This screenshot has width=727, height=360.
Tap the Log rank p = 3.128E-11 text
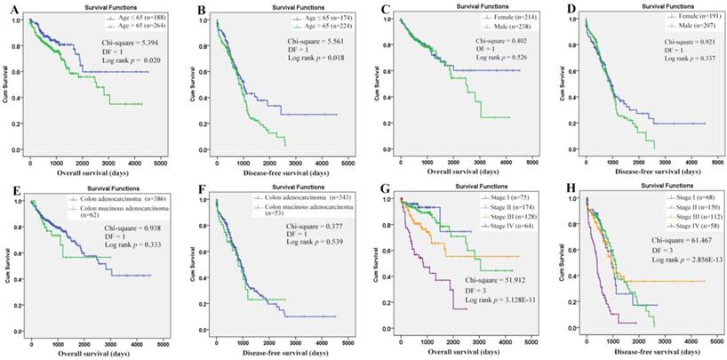point(492,302)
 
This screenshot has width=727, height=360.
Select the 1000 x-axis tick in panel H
point(610,340)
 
